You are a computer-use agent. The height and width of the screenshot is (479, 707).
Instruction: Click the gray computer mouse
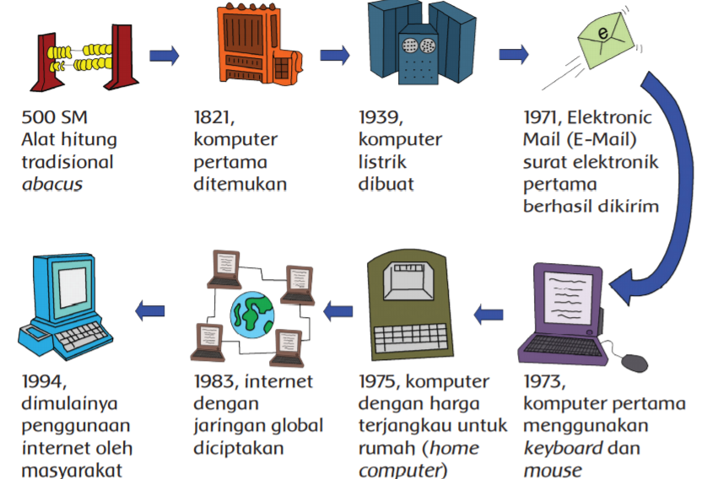coord(635,363)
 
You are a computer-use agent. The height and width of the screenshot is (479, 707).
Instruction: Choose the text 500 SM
coord(56,116)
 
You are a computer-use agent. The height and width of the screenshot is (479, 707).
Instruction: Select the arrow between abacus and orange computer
coord(165,57)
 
